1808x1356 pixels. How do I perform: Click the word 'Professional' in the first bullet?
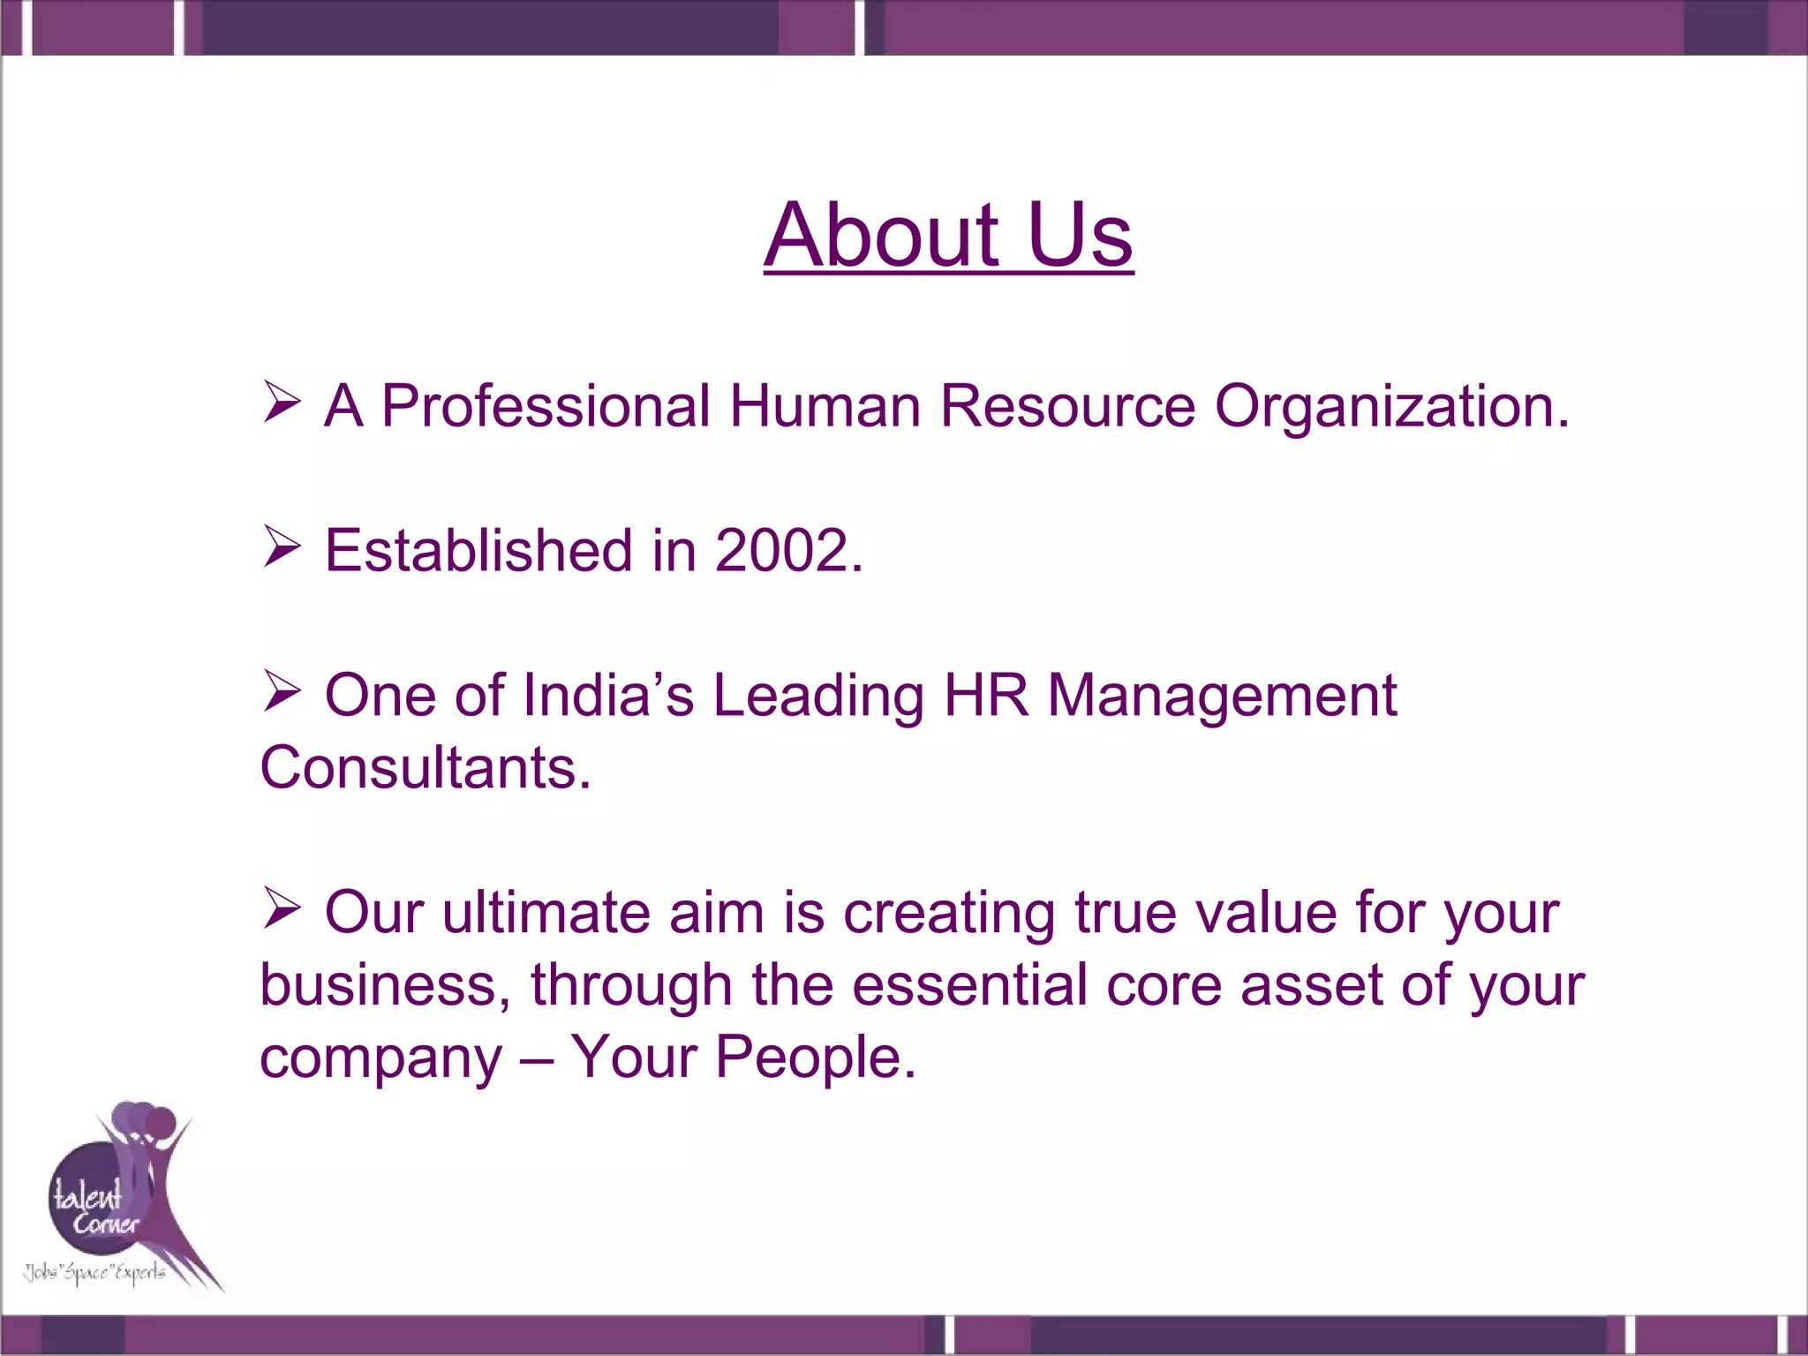coord(545,407)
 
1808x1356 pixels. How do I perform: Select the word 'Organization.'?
coord(1391,407)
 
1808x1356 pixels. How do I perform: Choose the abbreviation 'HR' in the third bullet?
coord(985,696)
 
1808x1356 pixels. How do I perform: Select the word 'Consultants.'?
coord(425,768)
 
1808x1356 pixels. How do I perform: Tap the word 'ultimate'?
coord(546,913)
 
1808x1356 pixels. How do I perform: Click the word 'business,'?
coord(385,985)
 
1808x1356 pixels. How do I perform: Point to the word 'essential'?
coord(968,985)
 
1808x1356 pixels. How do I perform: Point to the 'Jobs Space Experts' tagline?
coord(94,1272)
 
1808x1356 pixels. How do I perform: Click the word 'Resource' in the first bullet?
coord(1066,407)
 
